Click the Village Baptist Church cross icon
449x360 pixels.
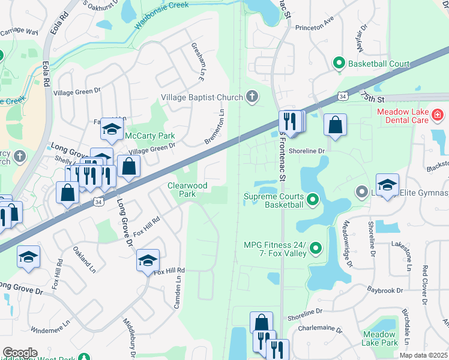coord(253,97)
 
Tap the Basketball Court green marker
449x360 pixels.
coord(339,63)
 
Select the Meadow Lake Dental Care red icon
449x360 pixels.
coord(438,113)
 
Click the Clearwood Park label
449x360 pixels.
coord(187,190)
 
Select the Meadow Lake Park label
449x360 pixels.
coord(380,338)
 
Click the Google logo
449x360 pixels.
coord(19,352)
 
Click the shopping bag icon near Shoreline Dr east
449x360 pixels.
coord(335,125)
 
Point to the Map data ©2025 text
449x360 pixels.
coord(423,355)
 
